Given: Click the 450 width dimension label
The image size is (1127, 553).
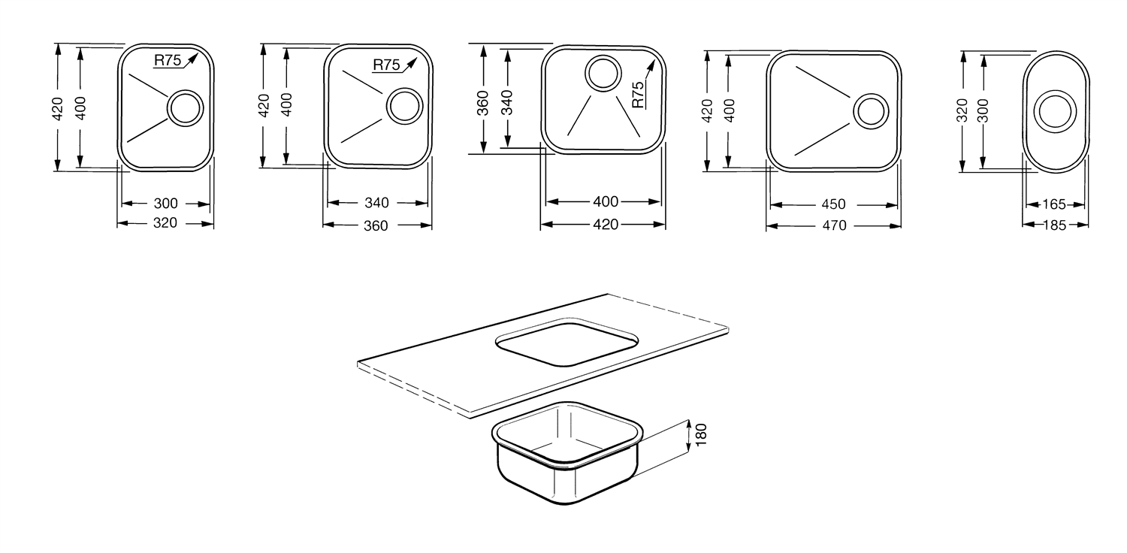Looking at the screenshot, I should (833, 204).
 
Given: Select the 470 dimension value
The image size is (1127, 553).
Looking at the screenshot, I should (833, 225).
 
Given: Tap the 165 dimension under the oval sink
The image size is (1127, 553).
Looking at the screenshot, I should (1055, 204).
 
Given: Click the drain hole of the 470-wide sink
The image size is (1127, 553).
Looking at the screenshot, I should (870, 111).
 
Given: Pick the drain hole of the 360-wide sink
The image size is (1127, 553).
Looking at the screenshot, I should (404, 105).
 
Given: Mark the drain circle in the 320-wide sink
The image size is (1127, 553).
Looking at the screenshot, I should (184, 108).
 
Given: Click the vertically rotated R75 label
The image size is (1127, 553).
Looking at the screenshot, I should (638, 95).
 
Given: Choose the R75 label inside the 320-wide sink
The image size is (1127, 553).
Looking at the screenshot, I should (168, 62).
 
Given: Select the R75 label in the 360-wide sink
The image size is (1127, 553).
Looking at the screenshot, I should (386, 65).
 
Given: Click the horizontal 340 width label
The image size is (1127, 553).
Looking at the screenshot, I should (376, 203).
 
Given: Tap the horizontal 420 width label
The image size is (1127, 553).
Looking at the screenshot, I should (606, 224).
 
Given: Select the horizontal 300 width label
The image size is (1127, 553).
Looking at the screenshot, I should (165, 203).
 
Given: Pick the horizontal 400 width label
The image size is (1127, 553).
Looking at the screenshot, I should (606, 201).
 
